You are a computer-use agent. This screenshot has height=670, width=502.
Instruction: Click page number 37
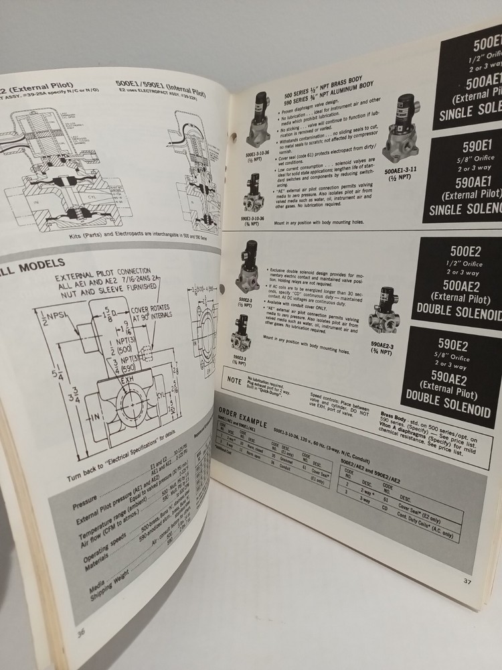coord(467,581)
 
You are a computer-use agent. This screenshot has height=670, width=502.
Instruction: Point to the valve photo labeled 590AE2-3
coord(387,312)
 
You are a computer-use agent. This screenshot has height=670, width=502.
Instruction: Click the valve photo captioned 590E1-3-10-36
coord(252,192)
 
